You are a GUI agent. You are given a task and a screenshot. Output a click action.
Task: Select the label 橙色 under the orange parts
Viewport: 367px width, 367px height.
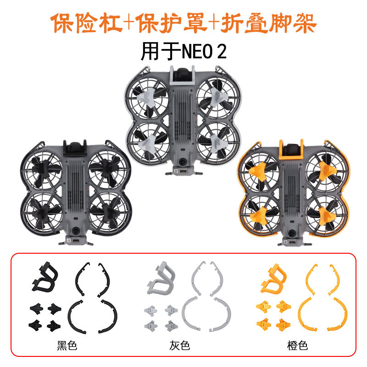297,345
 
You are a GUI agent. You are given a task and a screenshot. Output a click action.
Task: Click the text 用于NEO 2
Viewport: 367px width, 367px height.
183,51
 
